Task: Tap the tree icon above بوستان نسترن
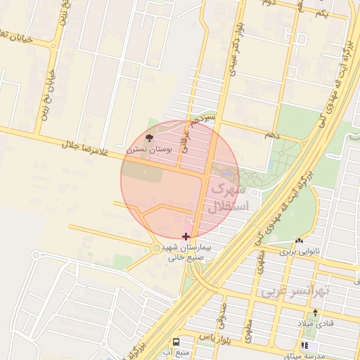coord(148,136)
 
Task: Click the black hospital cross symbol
coord(186,237)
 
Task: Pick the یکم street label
coord(321,14)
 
